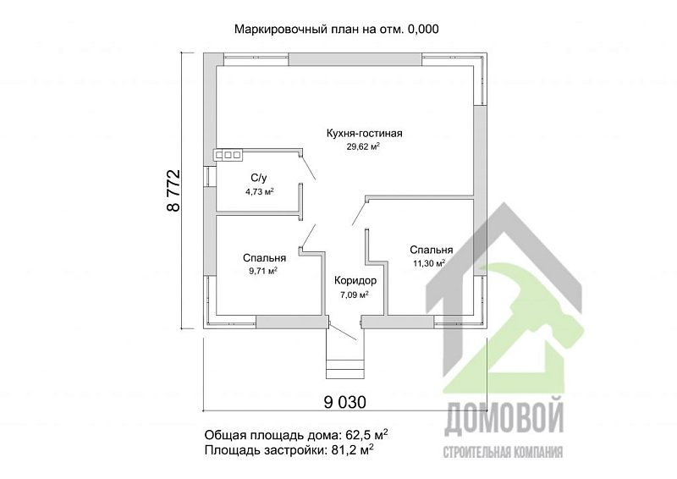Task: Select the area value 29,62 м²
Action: (363, 146)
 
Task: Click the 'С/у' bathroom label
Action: (259, 178)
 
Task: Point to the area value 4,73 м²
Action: (259, 192)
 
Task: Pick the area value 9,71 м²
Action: (263, 271)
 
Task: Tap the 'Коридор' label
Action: (355, 280)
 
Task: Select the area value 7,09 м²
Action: (355, 295)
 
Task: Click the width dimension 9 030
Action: (346, 400)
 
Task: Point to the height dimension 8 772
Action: (174, 190)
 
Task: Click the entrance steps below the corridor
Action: (345, 366)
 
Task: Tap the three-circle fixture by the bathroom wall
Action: (228, 155)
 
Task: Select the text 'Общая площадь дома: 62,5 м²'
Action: (296, 435)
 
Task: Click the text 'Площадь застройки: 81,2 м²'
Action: (289, 451)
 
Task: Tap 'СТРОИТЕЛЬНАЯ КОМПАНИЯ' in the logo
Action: (504, 449)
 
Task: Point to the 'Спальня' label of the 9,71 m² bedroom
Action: (264, 257)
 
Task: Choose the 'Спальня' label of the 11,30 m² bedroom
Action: (431, 250)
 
